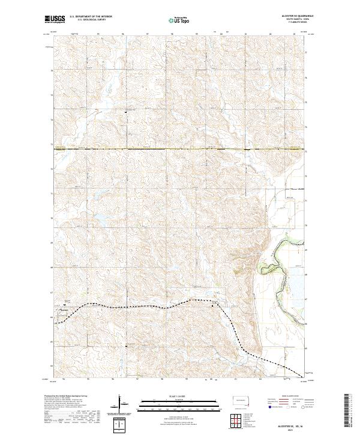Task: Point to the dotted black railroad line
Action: click(x=150, y=306)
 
